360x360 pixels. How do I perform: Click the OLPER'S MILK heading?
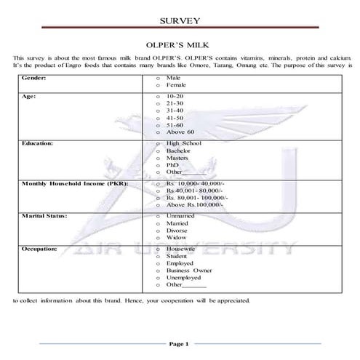(x=179, y=44)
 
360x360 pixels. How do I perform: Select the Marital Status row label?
(x=46, y=215)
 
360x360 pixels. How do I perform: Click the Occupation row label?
(x=41, y=249)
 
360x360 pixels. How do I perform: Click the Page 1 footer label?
(x=179, y=343)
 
